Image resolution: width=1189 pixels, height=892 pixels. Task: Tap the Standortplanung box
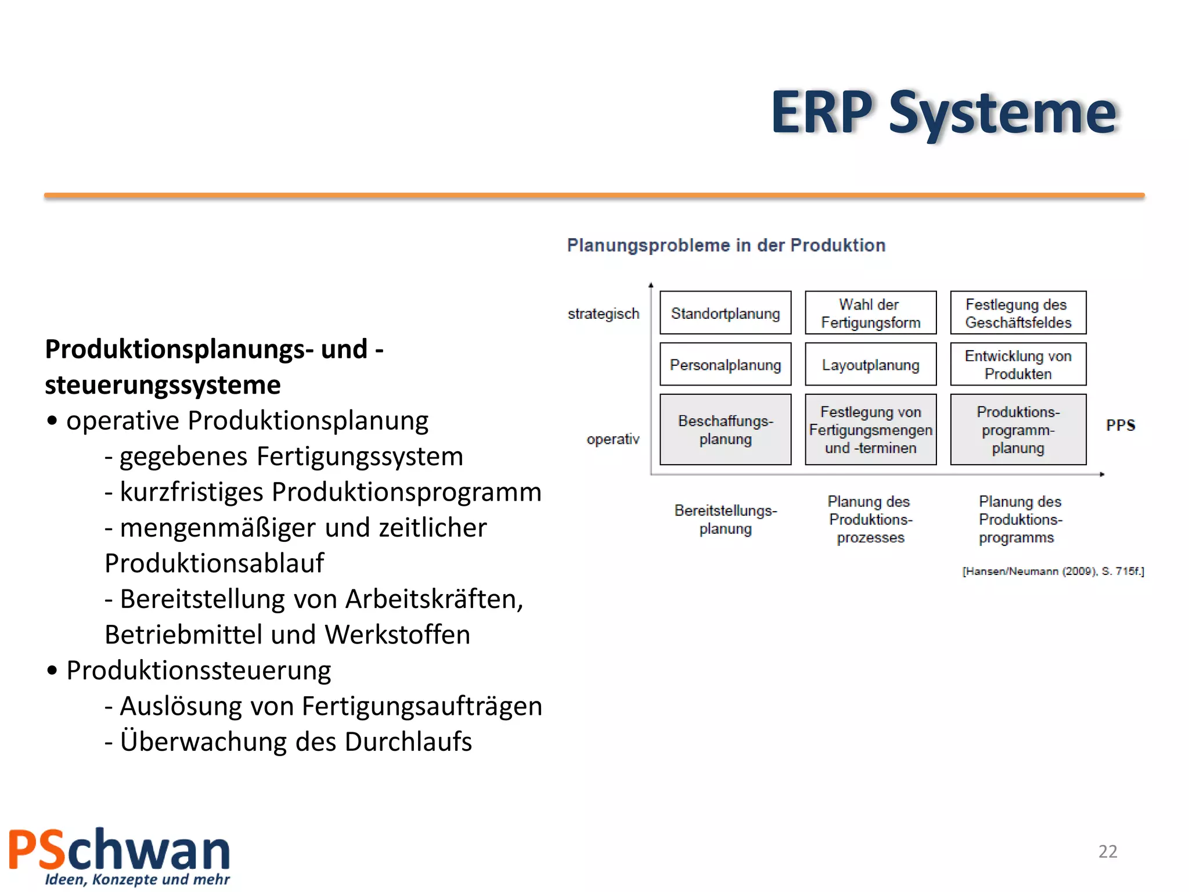(725, 313)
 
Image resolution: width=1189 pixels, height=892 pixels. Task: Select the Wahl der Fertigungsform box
(870, 313)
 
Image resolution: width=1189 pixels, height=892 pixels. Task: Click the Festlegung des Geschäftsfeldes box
(1018, 313)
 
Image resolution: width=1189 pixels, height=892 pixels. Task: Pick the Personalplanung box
(725, 365)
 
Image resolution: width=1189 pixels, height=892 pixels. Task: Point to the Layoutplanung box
(870, 365)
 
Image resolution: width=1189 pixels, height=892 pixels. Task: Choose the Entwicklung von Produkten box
(1018, 365)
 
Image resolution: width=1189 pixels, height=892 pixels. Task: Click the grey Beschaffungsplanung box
(725, 430)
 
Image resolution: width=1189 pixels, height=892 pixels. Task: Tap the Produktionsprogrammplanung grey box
(1018, 430)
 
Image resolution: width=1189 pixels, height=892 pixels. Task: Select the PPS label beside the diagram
(1120, 425)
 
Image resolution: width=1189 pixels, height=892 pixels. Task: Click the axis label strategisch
(603, 314)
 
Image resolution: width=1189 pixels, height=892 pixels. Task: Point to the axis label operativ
(612, 439)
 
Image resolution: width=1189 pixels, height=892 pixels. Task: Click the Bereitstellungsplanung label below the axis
(725, 519)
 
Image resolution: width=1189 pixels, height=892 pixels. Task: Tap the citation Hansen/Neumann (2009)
(1053, 571)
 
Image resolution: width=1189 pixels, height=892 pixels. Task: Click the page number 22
(1107, 851)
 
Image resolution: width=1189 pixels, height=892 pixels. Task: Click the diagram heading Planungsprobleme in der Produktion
(726, 245)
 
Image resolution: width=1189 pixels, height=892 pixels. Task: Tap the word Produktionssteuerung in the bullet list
(199, 671)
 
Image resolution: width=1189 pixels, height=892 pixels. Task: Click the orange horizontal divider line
(594, 196)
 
